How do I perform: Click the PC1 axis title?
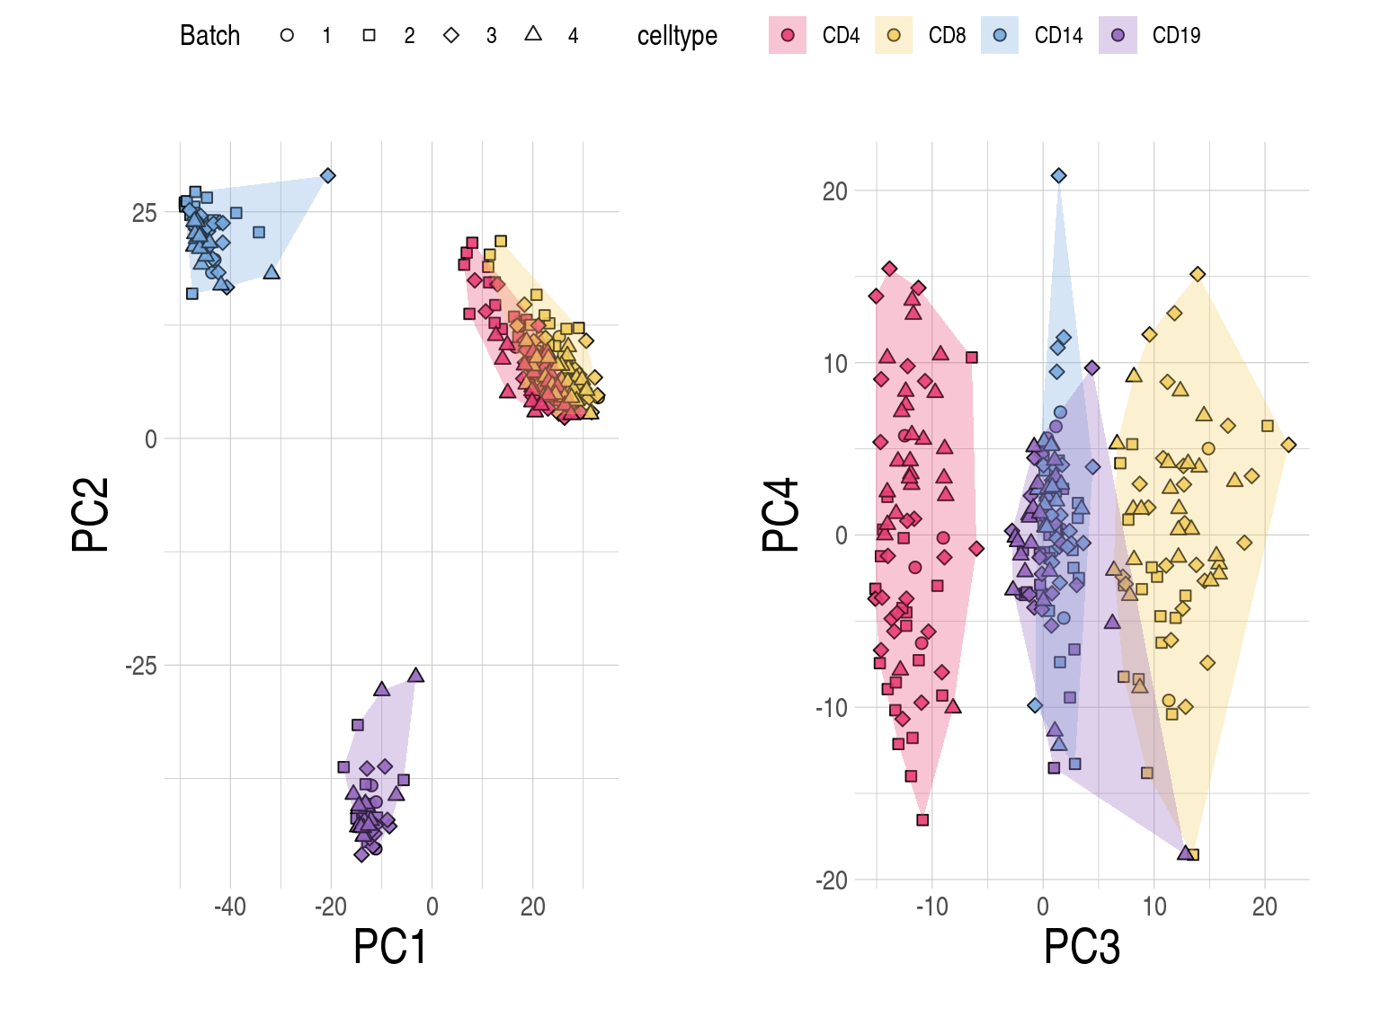click(389, 947)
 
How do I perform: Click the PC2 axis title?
click(91, 514)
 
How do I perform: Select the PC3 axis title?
click(1082, 947)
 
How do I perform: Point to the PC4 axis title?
click(781, 514)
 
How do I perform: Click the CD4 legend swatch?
click(788, 36)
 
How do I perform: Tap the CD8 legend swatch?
click(894, 36)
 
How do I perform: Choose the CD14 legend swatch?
click(1000, 36)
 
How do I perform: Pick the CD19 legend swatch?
click(1118, 36)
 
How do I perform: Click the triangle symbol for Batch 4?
click(533, 34)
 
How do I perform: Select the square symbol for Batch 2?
click(369, 36)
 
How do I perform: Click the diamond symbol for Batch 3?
click(451, 36)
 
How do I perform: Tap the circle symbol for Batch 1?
click(287, 36)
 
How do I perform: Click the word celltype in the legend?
click(677, 36)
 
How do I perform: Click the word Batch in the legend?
click(209, 36)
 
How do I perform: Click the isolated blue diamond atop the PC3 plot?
click(1059, 175)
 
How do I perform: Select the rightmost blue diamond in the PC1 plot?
click(328, 175)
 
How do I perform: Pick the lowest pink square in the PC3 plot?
click(922, 819)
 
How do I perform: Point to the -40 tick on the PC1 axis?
click(230, 907)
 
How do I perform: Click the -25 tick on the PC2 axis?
click(141, 666)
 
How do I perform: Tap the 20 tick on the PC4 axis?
click(834, 191)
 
